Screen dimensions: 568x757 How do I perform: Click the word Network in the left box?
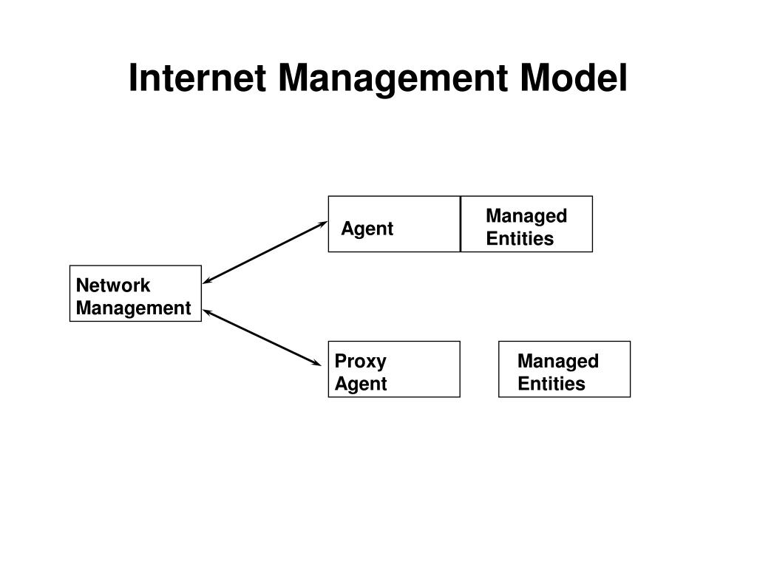pos(113,285)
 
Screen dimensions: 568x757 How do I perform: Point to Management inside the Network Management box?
pos(133,308)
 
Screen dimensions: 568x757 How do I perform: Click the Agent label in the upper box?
pos(367,229)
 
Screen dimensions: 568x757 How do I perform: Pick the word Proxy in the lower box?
pos(361,362)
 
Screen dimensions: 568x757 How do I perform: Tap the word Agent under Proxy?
pos(361,384)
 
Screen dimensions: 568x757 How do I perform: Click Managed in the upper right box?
pos(526,216)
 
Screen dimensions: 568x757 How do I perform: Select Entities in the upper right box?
pos(520,238)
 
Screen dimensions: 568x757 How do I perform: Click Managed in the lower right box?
pos(558,362)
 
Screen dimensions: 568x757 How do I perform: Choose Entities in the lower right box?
pos(551,384)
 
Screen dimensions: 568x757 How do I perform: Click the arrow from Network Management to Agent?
pos(265,252)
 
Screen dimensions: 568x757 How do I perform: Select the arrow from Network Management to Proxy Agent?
pos(262,337)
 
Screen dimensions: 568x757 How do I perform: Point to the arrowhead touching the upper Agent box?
pos(322,223)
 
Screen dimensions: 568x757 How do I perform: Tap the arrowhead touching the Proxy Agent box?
pos(318,363)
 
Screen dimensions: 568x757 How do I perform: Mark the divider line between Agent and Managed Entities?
pos(461,224)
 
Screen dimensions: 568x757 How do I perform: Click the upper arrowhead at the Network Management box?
pos(208,281)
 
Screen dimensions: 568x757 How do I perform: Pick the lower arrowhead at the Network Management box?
pos(208,312)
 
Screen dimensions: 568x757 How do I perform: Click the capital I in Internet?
pos(133,78)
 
